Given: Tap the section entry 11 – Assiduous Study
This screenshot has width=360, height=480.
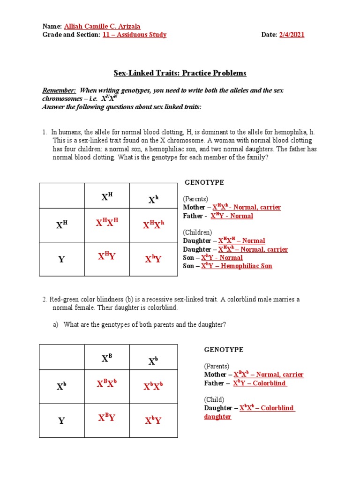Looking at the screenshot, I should point(134,35).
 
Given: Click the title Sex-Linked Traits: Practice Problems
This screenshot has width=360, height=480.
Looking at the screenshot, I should point(180,73).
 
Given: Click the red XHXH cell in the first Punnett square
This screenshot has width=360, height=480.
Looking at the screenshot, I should point(107,225).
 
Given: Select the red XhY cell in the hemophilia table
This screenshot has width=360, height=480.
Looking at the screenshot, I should point(153,259).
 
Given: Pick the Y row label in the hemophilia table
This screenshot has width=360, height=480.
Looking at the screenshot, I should point(61,259).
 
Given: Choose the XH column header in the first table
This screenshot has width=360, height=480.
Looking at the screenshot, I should point(107,197).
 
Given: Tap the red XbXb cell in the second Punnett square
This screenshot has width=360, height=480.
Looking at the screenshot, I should point(153,386).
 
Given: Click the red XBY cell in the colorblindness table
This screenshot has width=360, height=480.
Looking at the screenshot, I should point(107,418).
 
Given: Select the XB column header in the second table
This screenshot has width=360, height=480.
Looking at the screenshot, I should point(107,359).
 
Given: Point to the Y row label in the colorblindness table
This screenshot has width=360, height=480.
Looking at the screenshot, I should point(61,420).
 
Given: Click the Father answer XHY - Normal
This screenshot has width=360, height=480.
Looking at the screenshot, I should point(232,216).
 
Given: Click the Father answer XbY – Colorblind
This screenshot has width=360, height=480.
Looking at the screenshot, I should point(260,383).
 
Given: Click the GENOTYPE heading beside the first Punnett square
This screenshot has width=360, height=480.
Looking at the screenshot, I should point(204,182).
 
